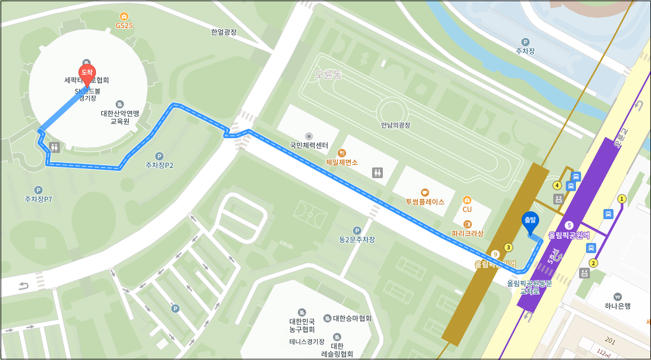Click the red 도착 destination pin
[87, 73]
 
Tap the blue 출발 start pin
[529, 221]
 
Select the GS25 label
[124, 25]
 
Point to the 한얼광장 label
[224, 33]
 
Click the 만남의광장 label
[396, 125]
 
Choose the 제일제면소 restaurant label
[342, 162]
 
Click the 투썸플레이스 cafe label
[425, 201]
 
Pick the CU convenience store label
[467, 209]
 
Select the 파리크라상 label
[467, 233]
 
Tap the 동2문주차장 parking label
[357, 239]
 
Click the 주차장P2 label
[159, 165]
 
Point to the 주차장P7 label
[39, 199]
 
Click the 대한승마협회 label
[352, 318]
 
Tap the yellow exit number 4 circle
[557, 186]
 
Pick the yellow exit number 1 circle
[622, 199]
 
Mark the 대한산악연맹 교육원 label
[119, 117]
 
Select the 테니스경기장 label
[306, 342]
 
